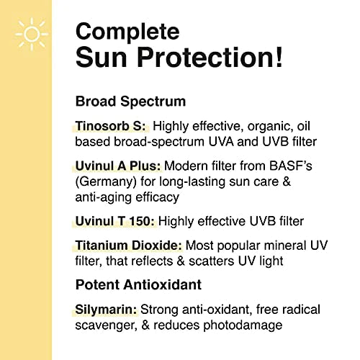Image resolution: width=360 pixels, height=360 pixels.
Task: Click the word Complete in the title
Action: click(x=127, y=31)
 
